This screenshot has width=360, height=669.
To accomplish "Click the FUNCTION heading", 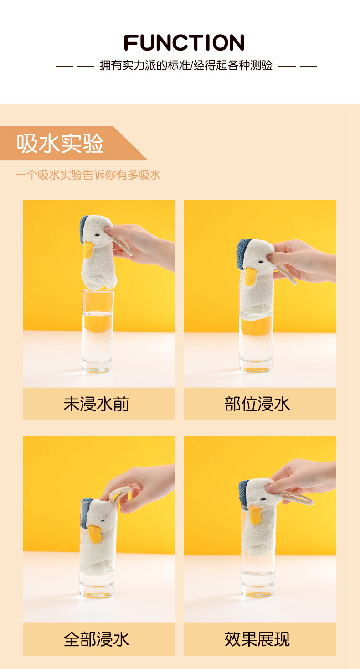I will [x=184, y=43].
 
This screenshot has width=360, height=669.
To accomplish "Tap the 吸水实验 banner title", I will [x=61, y=143].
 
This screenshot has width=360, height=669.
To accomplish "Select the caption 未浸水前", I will [x=96, y=404].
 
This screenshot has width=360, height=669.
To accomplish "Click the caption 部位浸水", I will [x=257, y=404].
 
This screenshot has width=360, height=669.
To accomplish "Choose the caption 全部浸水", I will [x=96, y=639].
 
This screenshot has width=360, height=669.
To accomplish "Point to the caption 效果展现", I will [x=257, y=639].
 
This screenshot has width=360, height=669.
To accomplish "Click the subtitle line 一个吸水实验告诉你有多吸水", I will [x=88, y=175].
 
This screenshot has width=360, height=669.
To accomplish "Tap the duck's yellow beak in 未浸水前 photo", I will [x=88, y=250].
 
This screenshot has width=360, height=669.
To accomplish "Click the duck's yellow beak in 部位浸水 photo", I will [x=250, y=276].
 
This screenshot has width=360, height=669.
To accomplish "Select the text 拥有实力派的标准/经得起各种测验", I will [x=186, y=66].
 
